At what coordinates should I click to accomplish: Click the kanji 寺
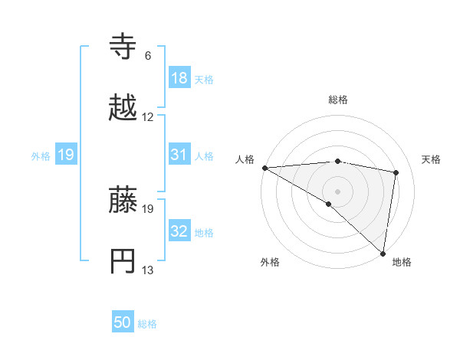coord(124,47)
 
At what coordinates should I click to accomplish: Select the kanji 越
coord(124,108)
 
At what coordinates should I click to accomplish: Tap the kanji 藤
coord(124,201)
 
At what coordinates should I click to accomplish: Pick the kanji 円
coord(124,261)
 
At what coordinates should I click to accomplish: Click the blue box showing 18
coord(179,78)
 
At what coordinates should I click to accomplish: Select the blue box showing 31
coord(179,155)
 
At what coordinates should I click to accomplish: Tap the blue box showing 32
coord(179,232)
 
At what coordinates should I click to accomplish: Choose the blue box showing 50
coord(123,322)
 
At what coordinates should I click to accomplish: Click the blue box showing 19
coord(66,155)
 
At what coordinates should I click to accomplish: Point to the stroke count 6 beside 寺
coord(148,55)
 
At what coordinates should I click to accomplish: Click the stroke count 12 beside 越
coord(148,117)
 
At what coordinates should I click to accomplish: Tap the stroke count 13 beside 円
coord(148,270)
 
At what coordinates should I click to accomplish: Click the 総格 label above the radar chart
coord(338,100)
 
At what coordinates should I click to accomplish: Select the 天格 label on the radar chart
coord(431,159)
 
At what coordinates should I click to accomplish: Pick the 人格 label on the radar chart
coord(245,159)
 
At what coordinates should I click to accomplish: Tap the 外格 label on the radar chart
coord(270,263)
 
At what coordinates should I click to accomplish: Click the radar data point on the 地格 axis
coord(383,253)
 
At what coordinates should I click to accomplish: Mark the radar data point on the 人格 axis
coord(264,168)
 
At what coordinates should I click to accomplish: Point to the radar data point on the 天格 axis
coord(396,172)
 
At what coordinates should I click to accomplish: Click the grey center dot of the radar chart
coord(337,190)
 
